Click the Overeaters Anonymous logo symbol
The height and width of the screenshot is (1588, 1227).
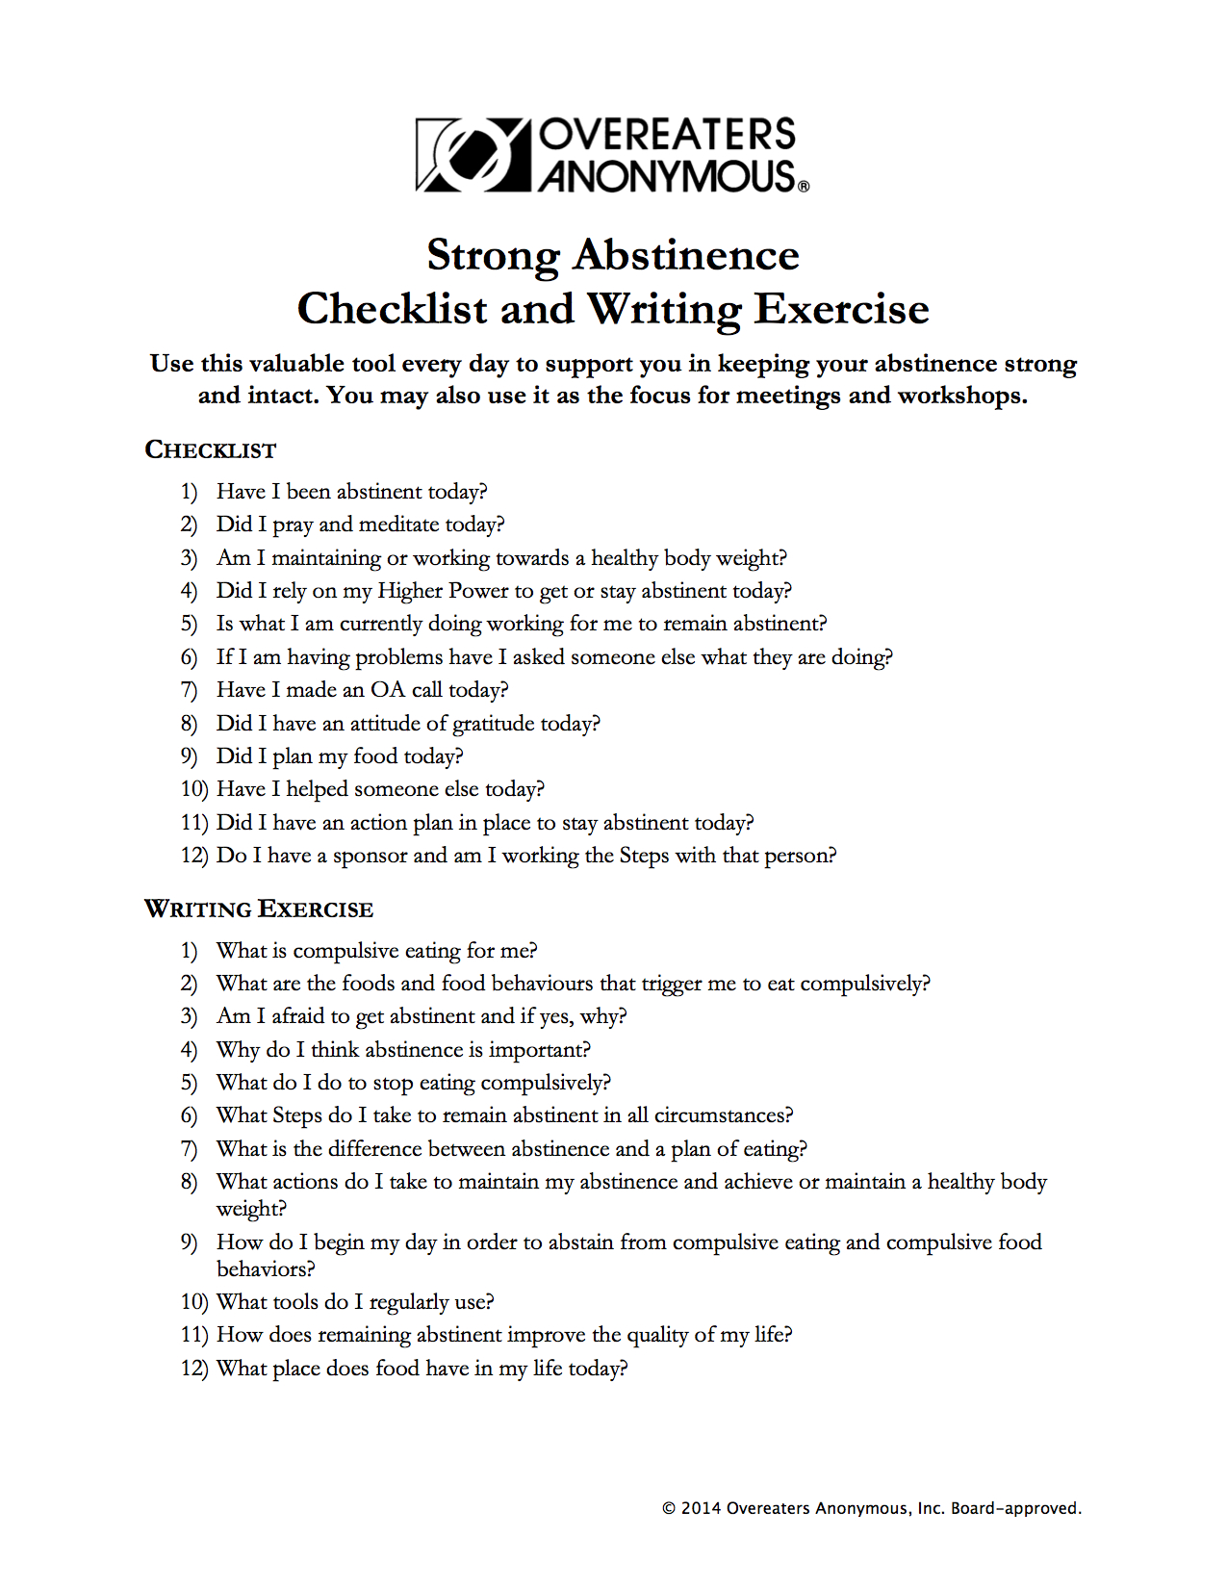click(x=473, y=154)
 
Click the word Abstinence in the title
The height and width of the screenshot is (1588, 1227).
click(x=686, y=256)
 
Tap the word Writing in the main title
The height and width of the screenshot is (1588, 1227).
click(x=665, y=310)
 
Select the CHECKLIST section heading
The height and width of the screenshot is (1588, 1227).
click(x=211, y=450)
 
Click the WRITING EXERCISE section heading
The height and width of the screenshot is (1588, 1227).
click(x=259, y=909)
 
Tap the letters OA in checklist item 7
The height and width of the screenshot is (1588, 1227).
click(x=388, y=690)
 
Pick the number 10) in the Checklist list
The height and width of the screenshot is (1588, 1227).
click(x=193, y=789)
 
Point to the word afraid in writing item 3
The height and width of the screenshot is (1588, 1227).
click(x=297, y=1016)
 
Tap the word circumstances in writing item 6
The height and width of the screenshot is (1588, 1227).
click(x=723, y=1115)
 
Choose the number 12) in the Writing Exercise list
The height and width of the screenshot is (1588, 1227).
click(x=193, y=1369)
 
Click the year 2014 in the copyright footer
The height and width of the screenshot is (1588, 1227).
click(x=701, y=1508)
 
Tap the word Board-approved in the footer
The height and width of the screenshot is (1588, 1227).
click(x=1015, y=1508)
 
